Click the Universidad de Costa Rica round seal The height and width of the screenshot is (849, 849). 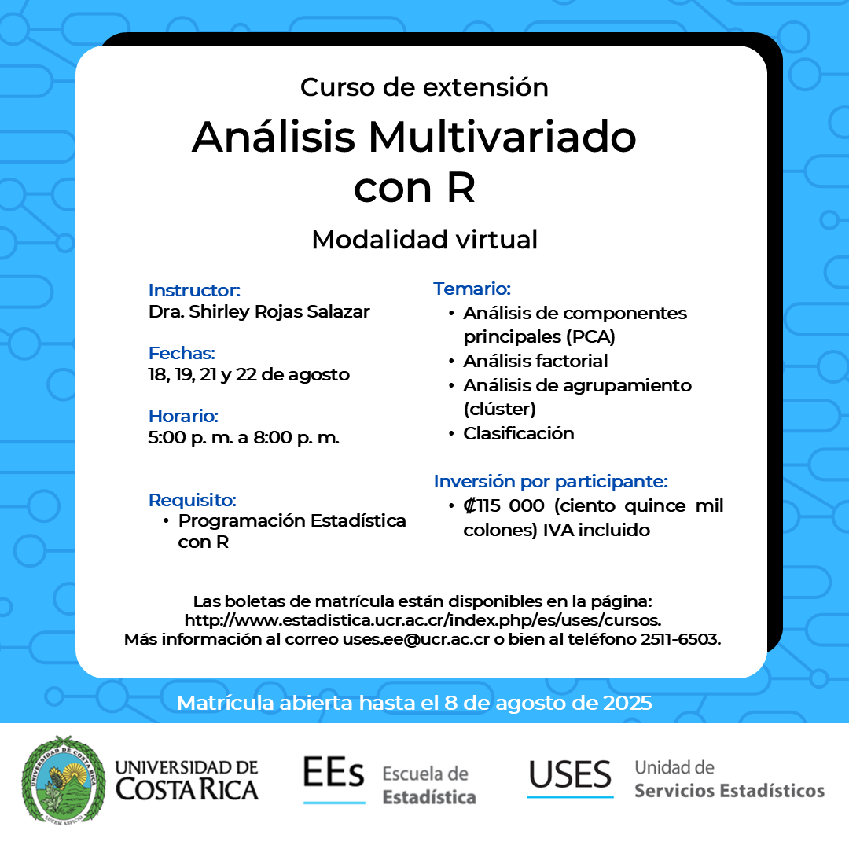point(64,780)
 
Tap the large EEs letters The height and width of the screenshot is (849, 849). point(333,773)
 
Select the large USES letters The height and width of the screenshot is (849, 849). point(570,774)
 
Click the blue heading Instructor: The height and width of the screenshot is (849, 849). point(194,290)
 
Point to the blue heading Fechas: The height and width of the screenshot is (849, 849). point(182,353)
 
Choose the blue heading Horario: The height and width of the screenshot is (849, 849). point(183,416)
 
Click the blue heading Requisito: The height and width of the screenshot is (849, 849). point(193,500)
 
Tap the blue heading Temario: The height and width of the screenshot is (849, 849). point(472,289)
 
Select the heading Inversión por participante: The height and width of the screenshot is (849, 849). point(550,481)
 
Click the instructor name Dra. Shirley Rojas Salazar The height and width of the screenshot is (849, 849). point(259,312)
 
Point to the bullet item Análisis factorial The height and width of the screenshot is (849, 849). point(535,361)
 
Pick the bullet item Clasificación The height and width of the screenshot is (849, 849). point(519,433)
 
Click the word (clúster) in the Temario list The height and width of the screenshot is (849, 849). point(500,409)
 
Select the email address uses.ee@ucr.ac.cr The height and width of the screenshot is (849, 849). point(416,639)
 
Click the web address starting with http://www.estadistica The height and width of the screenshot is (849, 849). point(422,620)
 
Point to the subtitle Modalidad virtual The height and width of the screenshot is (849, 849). point(424,239)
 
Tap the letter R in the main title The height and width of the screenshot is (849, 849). point(461,188)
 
